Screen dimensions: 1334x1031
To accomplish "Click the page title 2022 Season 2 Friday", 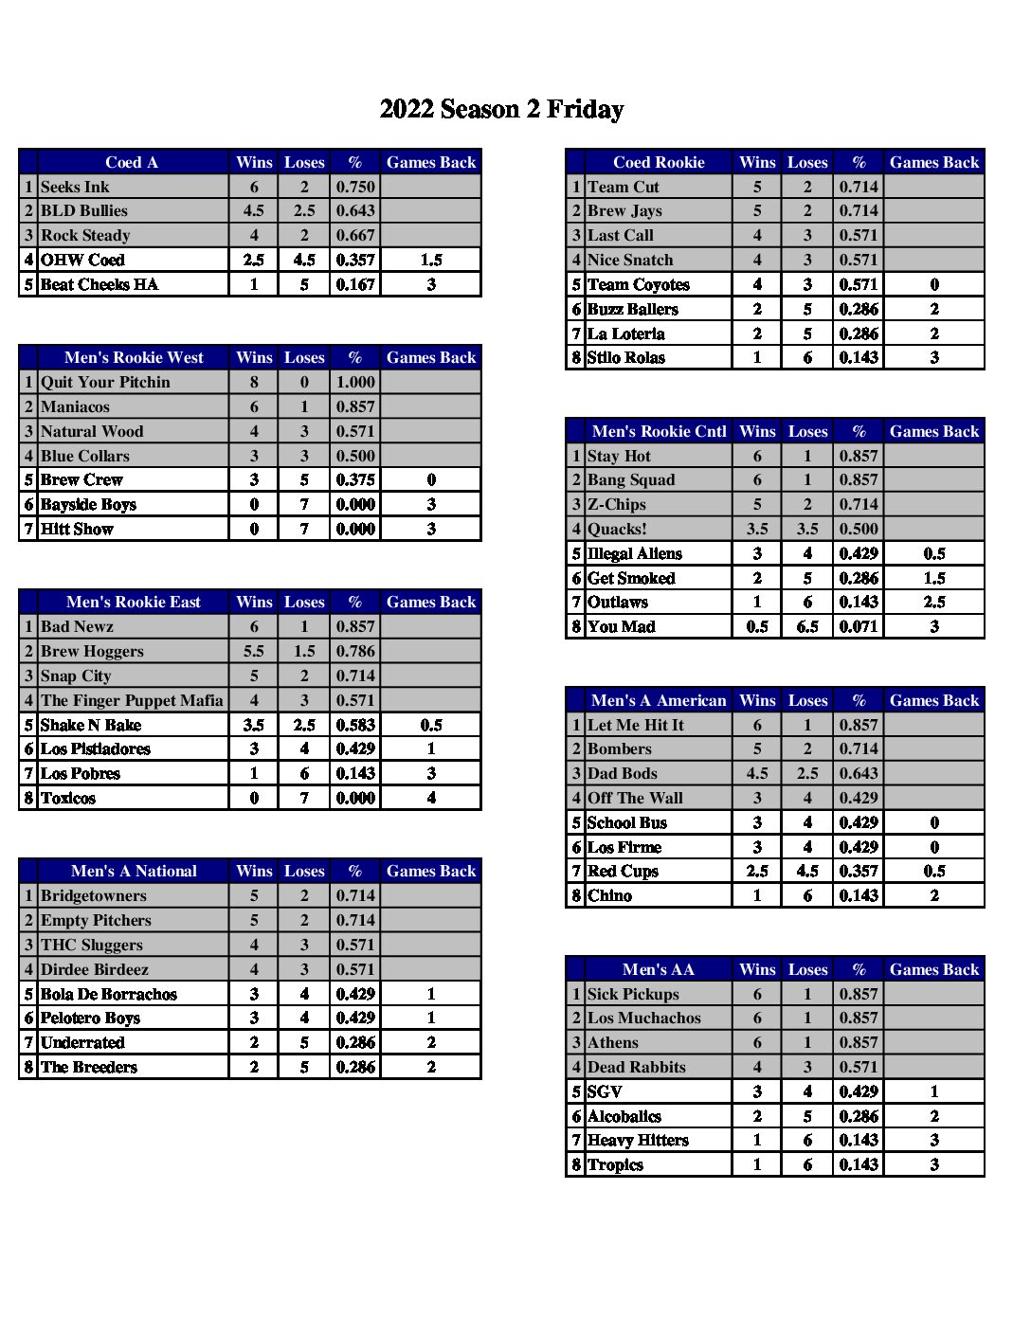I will click(501, 110).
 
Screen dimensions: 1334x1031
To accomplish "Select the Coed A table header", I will click(132, 162).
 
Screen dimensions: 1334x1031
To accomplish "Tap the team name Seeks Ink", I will click(75, 187).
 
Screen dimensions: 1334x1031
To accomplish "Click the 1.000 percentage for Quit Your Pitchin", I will click(355, 382).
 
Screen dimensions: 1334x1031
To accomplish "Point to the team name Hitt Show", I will click(77, 529).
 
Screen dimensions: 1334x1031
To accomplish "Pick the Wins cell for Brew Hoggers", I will click(253, 651).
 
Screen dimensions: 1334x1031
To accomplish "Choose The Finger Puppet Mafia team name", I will click(132, 700).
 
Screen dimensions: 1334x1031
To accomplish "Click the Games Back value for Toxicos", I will click(431, 798).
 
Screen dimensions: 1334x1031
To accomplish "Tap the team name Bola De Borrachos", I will click(109, 994).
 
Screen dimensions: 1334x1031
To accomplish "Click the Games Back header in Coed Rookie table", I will click(933, 162).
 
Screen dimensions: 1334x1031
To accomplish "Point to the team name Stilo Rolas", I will click(626, 357).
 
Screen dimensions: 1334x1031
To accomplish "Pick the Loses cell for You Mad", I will click(807, 626).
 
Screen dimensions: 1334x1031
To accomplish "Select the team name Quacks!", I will click(617, 529).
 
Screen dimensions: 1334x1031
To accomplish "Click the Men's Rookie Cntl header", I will click(659, 431).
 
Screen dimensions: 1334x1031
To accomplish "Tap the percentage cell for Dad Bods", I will click(859, 773).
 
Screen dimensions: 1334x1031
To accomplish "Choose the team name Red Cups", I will click(623, 871).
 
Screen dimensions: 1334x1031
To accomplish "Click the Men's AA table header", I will click(659, 969).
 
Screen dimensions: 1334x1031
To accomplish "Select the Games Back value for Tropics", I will click(933, 1164).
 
